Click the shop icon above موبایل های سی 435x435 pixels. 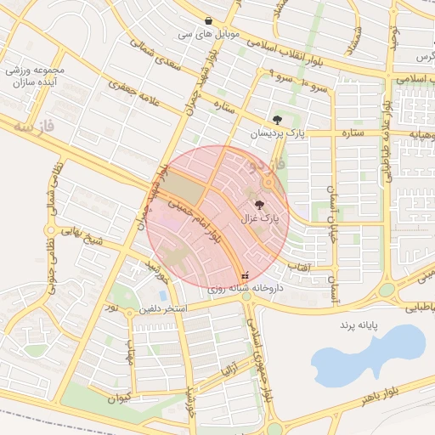209,21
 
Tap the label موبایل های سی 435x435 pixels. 209,36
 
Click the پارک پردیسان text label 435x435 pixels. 276,134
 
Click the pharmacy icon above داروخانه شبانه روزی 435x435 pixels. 246,274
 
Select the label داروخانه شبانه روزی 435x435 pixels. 246,289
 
